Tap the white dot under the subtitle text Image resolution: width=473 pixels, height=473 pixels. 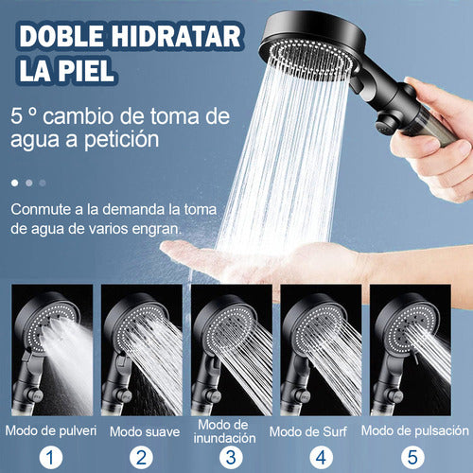coord(14,182)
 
